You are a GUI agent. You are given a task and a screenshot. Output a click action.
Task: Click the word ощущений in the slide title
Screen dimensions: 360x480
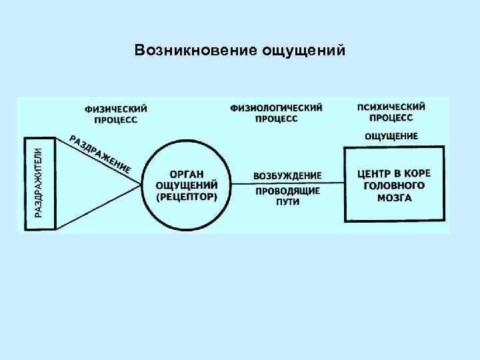[304, 51]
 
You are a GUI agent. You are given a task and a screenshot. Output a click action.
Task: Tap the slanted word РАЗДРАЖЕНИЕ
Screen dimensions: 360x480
[100, 154]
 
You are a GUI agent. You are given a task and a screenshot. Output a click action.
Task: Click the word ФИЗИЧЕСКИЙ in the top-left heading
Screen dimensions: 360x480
[116, 109]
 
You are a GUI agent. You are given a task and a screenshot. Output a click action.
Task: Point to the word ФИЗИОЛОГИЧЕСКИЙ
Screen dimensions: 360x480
[276, 107]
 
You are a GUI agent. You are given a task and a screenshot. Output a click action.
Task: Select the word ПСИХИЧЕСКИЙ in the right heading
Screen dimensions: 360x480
[391, 107]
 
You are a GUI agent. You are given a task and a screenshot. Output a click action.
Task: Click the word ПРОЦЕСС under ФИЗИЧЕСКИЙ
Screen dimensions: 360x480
[116, 120]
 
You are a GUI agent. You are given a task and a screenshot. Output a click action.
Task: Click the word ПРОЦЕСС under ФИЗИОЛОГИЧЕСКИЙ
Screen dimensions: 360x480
[276, 119]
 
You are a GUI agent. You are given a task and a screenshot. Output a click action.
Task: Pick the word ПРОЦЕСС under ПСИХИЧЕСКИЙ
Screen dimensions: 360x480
[391, 118]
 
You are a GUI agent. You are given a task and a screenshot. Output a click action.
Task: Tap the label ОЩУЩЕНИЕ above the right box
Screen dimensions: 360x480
[391, 136]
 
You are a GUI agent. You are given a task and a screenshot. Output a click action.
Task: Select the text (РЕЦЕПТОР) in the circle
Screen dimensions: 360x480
[187, 198]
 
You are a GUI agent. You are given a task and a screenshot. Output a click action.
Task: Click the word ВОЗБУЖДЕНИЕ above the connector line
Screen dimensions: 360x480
[287, 176]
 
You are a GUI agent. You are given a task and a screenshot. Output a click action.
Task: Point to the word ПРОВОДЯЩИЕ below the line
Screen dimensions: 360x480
[287, 191]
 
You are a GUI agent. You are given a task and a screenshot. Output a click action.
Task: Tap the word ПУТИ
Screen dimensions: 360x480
[287, 202]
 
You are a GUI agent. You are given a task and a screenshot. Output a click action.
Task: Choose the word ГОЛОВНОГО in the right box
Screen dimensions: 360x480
[395, 185]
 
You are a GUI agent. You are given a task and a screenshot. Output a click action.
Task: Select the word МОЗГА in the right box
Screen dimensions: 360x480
[395, 197]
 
